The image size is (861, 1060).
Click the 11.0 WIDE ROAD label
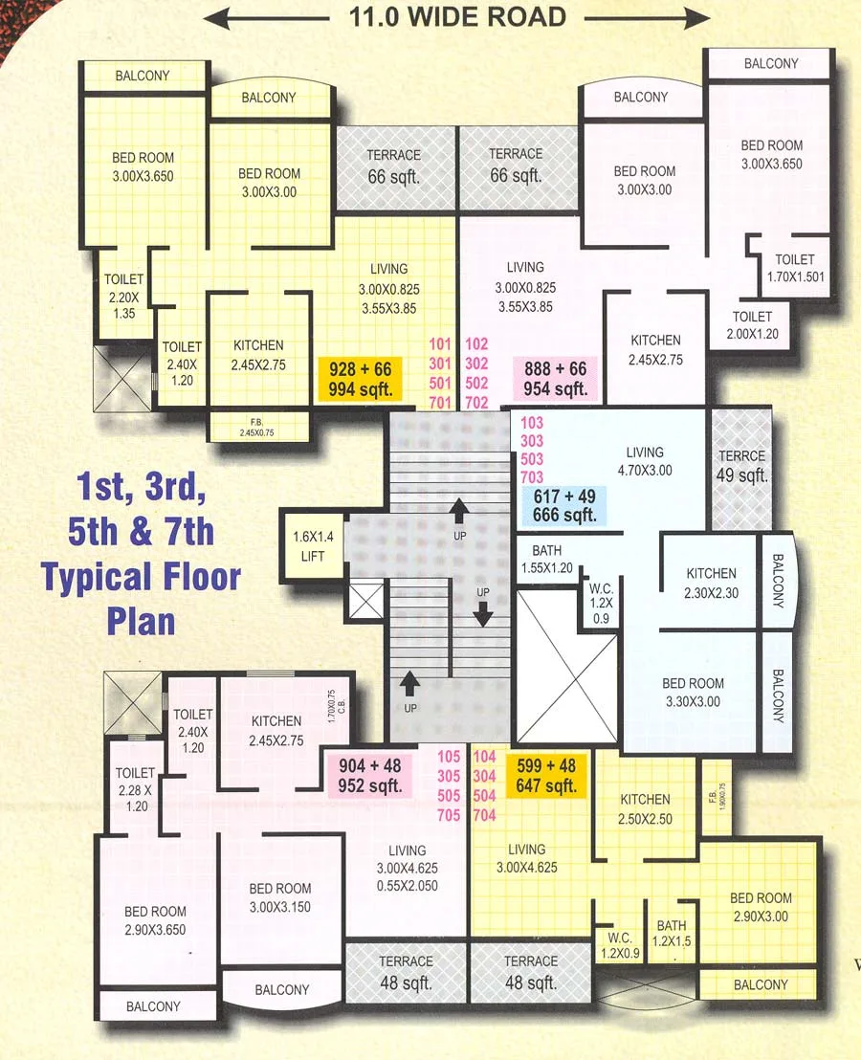pyautogui.click(x=457, y=16)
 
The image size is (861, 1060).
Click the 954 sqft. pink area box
pyautogui.click(x=555, y=379)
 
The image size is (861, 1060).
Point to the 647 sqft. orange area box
pyautogui.click(x=547, y=776)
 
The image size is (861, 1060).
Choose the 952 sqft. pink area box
pyautogui.click(x=369, y=775)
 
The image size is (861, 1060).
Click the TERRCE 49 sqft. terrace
pyautogui.click(x=742, y=465)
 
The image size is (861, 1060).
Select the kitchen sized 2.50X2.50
pyautogui.click(x=645, y=809)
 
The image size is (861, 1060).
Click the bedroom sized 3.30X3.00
pyautogui.click(x=693, y=693)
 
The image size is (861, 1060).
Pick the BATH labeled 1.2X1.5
pyautogui.click(x=672, y=934)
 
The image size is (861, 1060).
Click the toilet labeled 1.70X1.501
pyautogui.click(x=795, y=269)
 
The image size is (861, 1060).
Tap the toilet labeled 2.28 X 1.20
pyautogui.click(x=135, y=787)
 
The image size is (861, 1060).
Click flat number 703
pyautogui.click(x=532, y=477)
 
